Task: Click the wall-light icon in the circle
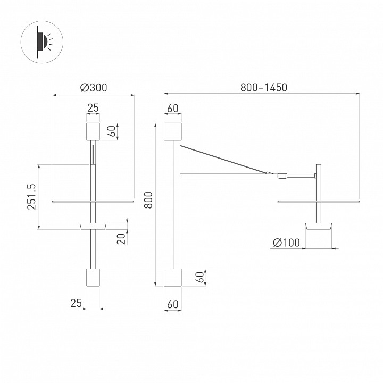41,41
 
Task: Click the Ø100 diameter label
286,243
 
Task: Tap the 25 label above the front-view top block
93,108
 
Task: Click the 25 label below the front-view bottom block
77,303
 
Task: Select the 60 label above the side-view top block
173,108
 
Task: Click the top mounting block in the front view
93,131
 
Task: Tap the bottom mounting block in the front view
93,277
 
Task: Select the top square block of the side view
173,131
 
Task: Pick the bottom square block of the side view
173,277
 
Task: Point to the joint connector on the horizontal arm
281,174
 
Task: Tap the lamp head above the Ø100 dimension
319,226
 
